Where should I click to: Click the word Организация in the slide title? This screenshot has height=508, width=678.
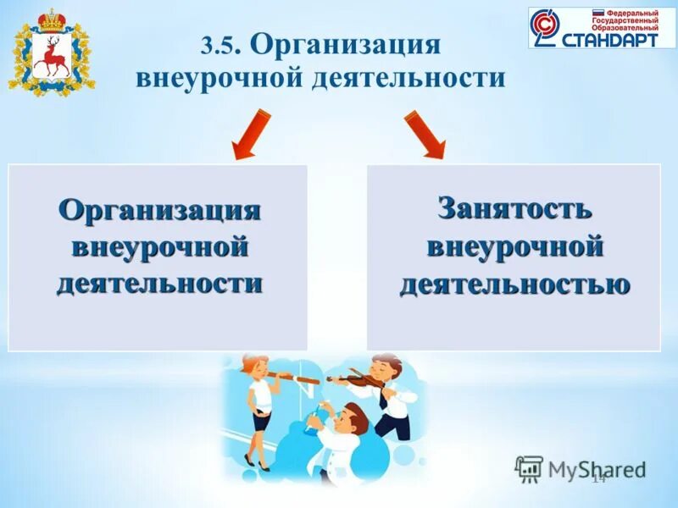point(346,45)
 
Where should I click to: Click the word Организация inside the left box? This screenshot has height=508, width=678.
point(159,209)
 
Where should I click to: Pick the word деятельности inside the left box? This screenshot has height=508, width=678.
point(159,283)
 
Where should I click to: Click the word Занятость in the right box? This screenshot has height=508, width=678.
point(514,209)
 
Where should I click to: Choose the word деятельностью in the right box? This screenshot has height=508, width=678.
point(514,284)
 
